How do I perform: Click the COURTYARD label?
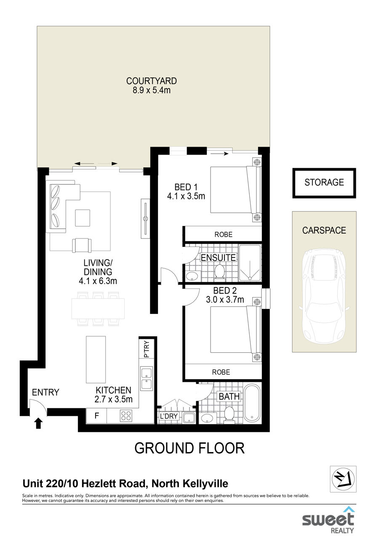coord(151,81)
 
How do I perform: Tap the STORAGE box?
coord(324,183)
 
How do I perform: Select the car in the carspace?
coord(324,296)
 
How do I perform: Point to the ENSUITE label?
coord(218,258)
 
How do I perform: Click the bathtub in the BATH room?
coord(252,404)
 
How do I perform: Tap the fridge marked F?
coord(96,415)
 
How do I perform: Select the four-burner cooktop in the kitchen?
coord(126,415)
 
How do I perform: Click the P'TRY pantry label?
coord(147,349)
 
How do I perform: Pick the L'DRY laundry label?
coord(169,416)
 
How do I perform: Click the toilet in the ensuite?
coord(219,272)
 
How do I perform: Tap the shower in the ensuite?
coord(250,263)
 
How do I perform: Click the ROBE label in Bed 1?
coord(223,234)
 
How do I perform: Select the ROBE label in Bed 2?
coord(221,372)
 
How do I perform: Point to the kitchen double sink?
coord(147,378)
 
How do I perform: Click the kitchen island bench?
coord(96,359)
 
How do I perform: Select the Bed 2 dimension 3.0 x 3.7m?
coord(225,299)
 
